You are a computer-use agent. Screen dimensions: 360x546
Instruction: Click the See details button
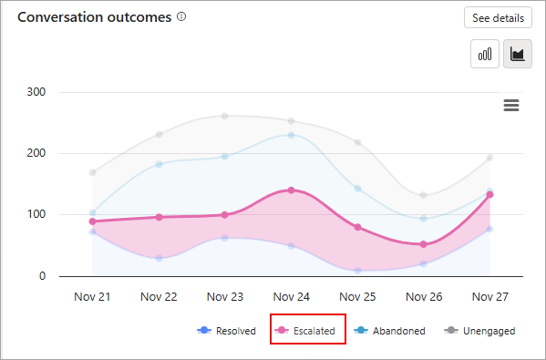(x=498, y=18)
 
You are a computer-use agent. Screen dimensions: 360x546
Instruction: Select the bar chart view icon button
(x=485, y=54)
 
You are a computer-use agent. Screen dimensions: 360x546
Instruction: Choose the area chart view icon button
(x=517, y=54)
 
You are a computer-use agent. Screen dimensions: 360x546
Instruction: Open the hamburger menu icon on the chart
(x=511, y=106)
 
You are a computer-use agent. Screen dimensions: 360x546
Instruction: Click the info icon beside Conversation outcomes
(x=181, y=17)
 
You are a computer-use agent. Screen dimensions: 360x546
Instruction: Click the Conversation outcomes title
(x=94, y=17)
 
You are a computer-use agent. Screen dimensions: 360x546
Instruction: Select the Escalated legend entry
(x=308, y=331)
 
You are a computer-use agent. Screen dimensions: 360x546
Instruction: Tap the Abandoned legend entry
(x=391, y=331)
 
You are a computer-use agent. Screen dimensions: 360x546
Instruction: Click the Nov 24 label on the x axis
(x=291, y=296)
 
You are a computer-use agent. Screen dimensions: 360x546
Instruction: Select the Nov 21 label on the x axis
(x=92, y=296)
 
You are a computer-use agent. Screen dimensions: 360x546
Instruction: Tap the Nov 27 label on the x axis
(x=489, y=296)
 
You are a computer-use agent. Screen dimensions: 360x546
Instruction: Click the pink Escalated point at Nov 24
(x=291, y=190)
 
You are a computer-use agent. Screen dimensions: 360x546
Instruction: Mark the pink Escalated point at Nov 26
(x=423, y=244)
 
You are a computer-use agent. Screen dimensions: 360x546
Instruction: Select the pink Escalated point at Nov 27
(x=489, y=194)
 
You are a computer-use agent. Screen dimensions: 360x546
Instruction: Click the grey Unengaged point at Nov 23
(x=225, y=116)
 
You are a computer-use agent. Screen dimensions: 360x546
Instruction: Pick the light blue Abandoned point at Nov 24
(x=291, y=135)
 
